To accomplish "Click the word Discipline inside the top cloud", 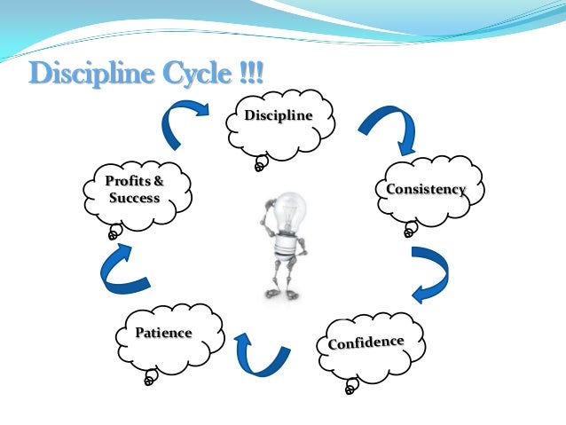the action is [x=279, y=116].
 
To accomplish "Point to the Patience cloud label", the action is [x=163, y=333].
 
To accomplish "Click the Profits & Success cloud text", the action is [x=135, y=190].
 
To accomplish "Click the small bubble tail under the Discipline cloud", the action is [x=261, y=164].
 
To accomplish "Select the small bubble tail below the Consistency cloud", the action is [x=409, y=231].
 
